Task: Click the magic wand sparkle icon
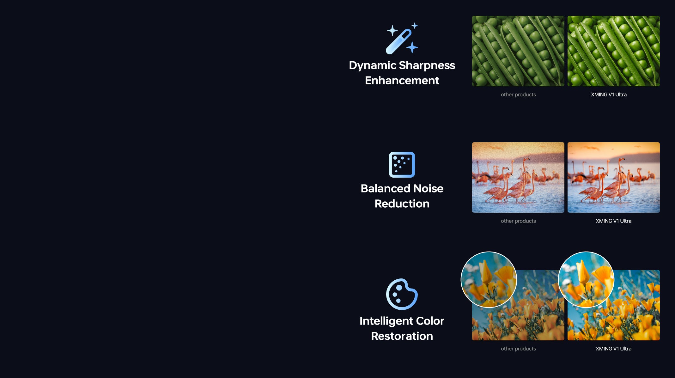(402, 38)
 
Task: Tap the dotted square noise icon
(402, 165)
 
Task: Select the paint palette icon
(402, 294)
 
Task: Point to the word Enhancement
(402, 80)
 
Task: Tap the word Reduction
(402, 204)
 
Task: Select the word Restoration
(402, 336)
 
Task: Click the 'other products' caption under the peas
(518, 94)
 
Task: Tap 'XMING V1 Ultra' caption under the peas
(609, 94)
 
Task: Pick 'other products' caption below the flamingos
(518, 221)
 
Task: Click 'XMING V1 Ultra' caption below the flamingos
(613, 221)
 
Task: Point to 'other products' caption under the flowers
(518, 349)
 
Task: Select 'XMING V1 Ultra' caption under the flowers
(613, 349)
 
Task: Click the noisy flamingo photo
(518, 177)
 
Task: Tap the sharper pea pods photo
(614, 51)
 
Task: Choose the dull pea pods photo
(518, 51)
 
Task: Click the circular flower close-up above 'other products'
(489, 280)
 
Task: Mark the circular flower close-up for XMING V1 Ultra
(586, 280)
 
